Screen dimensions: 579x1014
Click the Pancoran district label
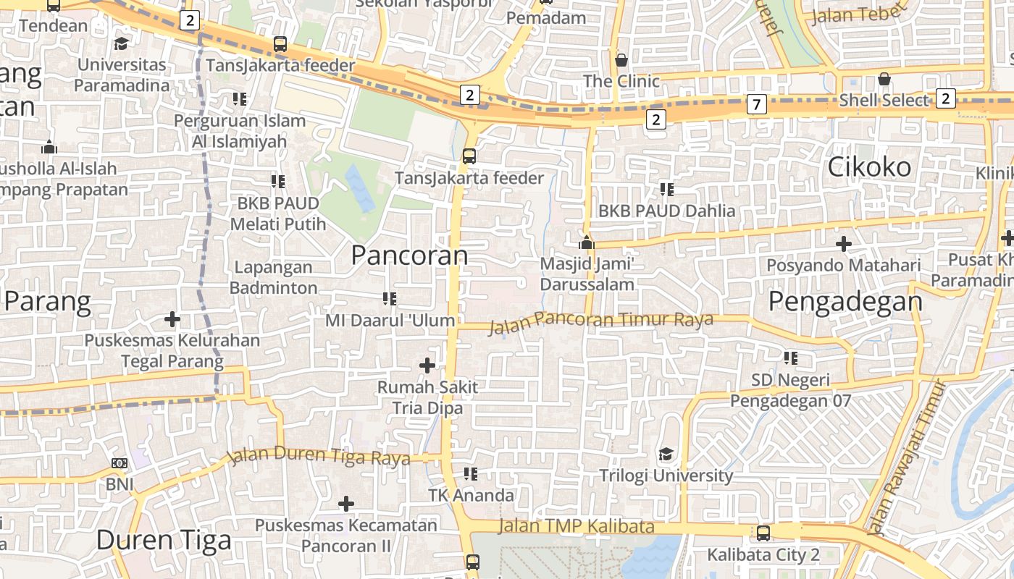(x=409, y=255)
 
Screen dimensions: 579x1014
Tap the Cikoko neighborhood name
(x=869, y=167)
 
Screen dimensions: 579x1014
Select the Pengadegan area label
(x=845, y=301)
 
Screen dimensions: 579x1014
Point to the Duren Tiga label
(x=164, y=540)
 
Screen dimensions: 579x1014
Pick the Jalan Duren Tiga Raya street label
(x=319, y=457)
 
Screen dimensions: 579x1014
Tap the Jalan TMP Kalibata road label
(x=577, y=526)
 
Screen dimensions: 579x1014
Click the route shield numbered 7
(x=756, y=105)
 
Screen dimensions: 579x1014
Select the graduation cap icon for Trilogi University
(x=666, y=455)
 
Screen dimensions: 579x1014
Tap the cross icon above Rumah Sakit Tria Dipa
(x=427, y=365)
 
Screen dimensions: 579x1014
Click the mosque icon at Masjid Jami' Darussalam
(x=587, y=242)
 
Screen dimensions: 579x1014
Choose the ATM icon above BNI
(x=120, y=463)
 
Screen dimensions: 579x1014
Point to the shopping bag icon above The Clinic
(x=621, y=59)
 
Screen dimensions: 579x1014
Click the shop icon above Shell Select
(x=884, y=78)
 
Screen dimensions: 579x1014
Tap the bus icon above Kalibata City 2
(x=763, y=533)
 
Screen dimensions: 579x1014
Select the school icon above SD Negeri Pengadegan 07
(x=790, y=358)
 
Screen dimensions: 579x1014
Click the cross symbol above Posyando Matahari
(x=843, y=244)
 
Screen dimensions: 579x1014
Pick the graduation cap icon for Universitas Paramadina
(x=122, y=43)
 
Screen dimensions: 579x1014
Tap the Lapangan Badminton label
(x=273, y=277)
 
